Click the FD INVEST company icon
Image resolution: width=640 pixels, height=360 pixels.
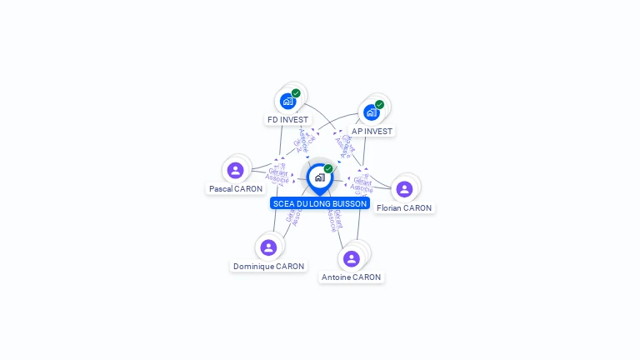(287, 102)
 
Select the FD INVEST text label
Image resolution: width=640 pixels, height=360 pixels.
(287, 120)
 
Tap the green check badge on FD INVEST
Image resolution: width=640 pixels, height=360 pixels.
(296, 93)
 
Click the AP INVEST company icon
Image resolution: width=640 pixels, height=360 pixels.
(371, 112)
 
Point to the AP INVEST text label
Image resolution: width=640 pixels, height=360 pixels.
(372, 132)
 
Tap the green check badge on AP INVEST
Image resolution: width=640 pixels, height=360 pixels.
(379, 105)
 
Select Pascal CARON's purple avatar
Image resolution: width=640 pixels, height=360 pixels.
(236, 170)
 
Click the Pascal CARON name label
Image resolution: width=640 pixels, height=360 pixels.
(236, 189)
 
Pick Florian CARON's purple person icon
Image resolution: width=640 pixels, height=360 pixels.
(404, 189)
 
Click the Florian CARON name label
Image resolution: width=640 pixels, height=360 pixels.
(404, 208)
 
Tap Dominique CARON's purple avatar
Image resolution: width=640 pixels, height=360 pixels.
(268, 247)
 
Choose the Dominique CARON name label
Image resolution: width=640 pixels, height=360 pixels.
(268, 267)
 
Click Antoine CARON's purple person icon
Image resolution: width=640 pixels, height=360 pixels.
(352, 258)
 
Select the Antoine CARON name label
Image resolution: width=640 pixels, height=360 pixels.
(352, 277)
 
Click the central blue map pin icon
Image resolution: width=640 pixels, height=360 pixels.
(319, 177)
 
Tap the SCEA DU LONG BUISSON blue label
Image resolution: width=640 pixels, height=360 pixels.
(320, 203)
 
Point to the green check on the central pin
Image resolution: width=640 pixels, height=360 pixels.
(328, 169)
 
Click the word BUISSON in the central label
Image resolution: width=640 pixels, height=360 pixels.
(349, 203)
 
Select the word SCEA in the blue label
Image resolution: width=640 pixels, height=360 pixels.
(283, 203)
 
